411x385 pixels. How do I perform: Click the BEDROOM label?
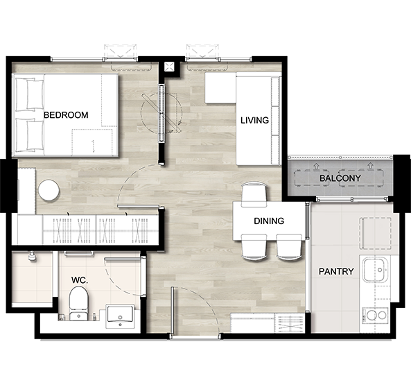tap(66, 115)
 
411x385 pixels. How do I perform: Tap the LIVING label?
tap(255, 120)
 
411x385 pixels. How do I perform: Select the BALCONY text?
tap(340, 178)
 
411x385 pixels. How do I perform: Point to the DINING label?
tap(269, 221)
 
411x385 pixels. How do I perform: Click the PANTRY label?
tap(336, 271)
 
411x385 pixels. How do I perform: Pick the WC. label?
tap(80, 280)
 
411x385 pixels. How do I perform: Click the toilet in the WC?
tap(78, 303)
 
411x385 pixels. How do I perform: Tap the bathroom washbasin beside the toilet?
tap(121, 316)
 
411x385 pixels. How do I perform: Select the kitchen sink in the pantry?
tap(376, 269)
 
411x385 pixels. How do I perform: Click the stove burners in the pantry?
tap(376, 315)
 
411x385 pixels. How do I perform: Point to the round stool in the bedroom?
tap(49, 190)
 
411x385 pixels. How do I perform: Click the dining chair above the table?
tap(254, 193)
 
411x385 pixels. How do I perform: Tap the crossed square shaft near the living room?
tap(169, 67)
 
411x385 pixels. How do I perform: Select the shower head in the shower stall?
tap(32, 256)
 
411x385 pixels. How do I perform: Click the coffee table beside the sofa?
tap(220, 88)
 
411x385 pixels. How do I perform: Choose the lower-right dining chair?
tap(290, 247)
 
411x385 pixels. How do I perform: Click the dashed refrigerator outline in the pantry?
tap(376, 233)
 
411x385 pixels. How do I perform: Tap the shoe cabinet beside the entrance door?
tap(267, 323)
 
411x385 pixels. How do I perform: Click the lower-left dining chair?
tap(254, 247)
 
